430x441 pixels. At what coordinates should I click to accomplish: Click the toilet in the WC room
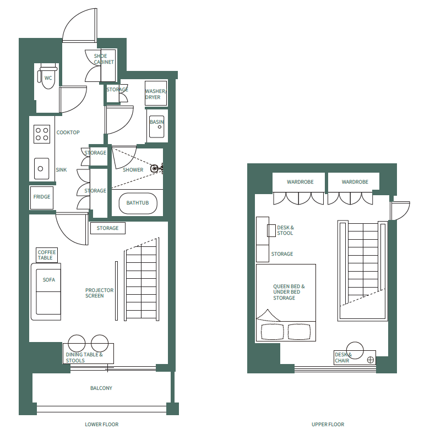point(48,79)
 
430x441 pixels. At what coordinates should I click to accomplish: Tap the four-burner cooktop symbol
point(42,134)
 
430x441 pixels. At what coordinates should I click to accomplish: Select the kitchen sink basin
point(42,168)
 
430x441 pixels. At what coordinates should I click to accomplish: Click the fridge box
point(42,197)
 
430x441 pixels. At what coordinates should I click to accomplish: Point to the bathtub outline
point(138,203)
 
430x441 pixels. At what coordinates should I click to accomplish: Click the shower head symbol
point(159,168)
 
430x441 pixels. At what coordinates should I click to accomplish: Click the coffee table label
point(46,255)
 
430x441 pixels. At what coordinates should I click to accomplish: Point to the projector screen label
point(99,293)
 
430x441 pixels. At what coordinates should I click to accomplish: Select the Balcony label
point(101,388)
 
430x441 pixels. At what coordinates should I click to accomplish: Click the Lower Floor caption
point(101,425)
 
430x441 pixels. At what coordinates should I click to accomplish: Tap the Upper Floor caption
point(328,425)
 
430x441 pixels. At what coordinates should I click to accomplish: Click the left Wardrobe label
point(300,182)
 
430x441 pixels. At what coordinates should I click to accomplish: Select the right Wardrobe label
point(355,182)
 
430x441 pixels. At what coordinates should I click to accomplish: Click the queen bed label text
point(289,292)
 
